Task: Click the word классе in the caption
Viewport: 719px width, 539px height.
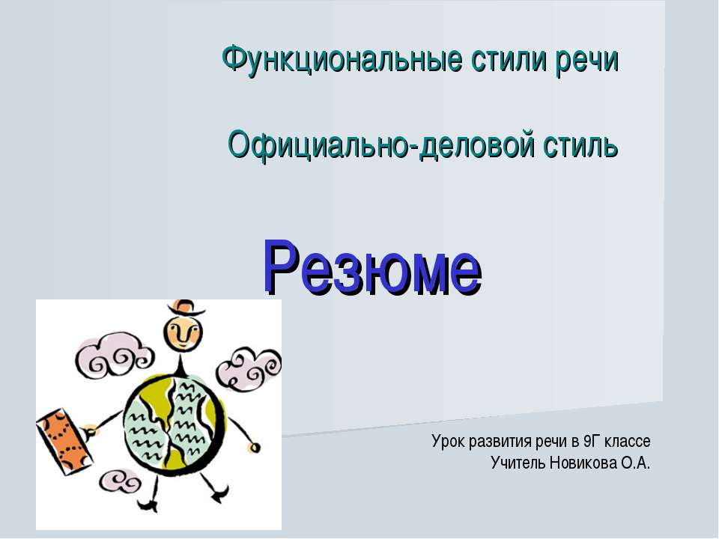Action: tap(629, 441)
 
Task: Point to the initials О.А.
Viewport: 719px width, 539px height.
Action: tap(635, 463)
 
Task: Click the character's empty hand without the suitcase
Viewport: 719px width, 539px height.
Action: tap(255, 448)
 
